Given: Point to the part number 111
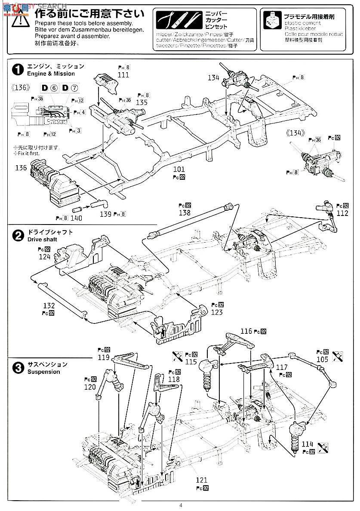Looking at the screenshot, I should (x=123, y=74).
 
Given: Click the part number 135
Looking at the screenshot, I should (x=141, y=102).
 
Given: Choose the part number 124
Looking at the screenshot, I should (x=44, y=257).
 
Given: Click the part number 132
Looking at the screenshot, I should (x=49, y=305).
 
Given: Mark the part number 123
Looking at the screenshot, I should (x=217, y=312).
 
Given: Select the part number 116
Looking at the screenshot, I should (x=246, y=331).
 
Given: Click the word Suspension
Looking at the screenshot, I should (x=44, y=372).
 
